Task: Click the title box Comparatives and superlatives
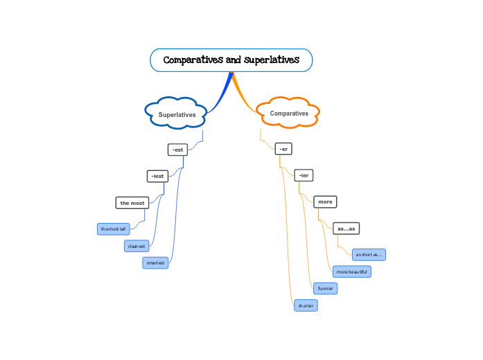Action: click(x=231, y=60)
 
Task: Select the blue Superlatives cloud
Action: click(x=177, y=114)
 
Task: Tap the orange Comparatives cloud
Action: click(x=288, y=113)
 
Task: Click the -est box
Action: click(x=177, y=150)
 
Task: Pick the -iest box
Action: click(x=157, y=176)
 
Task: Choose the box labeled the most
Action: click(x=132, y=203)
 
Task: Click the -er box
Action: click(x=283, y=149)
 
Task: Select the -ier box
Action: click(x=304, y=175)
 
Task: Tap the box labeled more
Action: click(x=325, y=201)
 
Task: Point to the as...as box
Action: click(x=346, y=228)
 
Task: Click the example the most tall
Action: click(x=114, y=228)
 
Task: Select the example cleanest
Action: click(x=137, y=246)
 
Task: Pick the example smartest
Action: click(x=155, y=263)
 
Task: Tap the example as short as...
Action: click(x=369, y=254)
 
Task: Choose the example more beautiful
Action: click(x=351, y=271)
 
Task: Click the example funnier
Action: click(x=325, y=288)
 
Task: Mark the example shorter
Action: click(x=306, y=305)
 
